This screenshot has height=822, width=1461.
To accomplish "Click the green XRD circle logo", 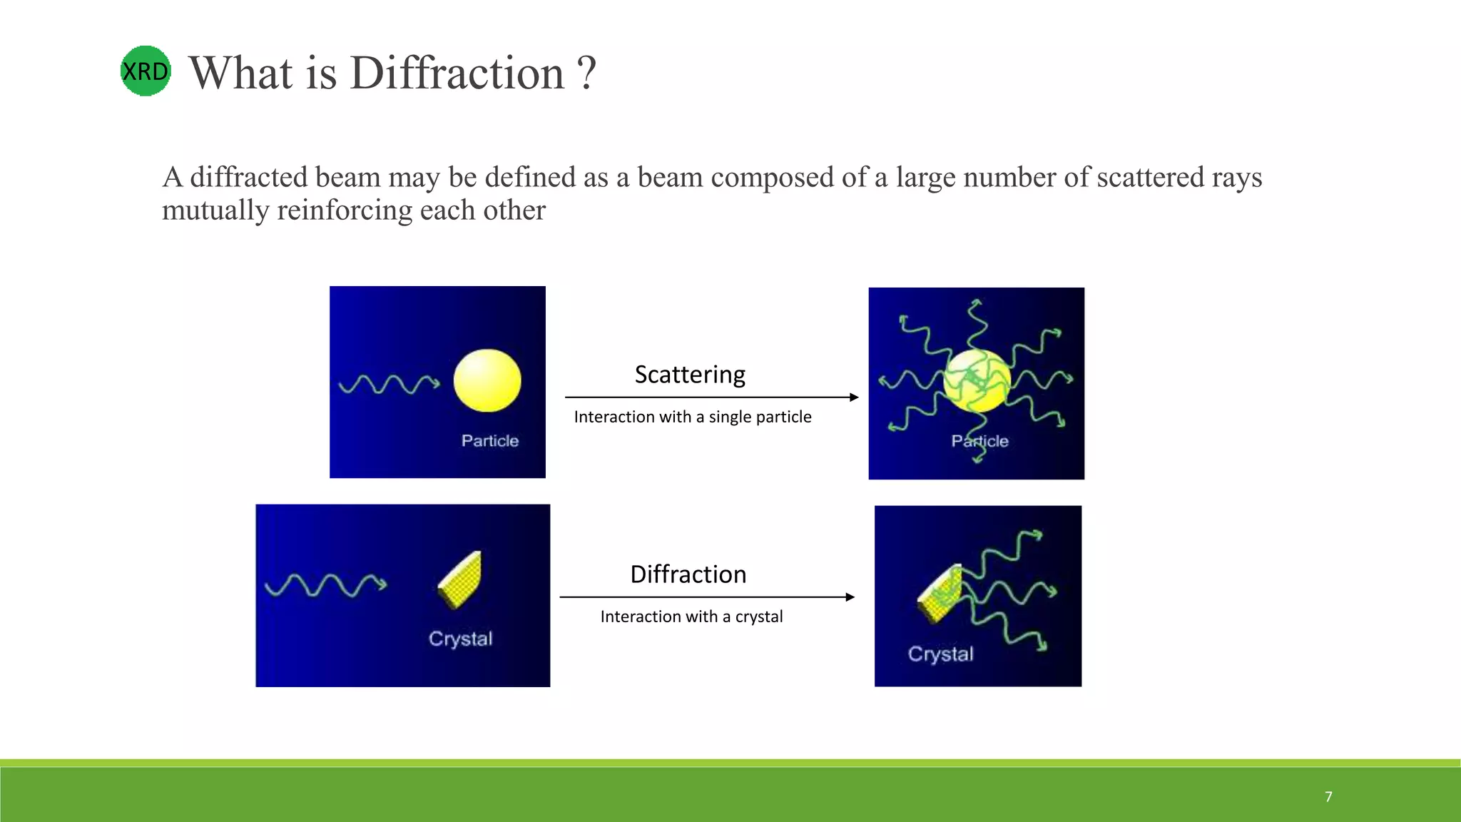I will pyautogui.click(x=146, y=71).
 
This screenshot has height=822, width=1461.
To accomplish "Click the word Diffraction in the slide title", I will pyautogui.click(x=457, y=73).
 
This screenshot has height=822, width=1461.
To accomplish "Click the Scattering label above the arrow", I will pyautogui.click(x=690, y=375).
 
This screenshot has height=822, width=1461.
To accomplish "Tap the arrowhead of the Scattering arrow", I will pyautogui.click(x=854, y=397).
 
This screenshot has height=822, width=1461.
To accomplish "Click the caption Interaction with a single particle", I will pyautogui.click(x=692, y=417).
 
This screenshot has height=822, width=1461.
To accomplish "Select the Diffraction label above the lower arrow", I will pyautogui.click(x=688, y=574).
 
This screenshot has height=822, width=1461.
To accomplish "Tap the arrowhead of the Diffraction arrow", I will pyautogui.click(x=850, y=597).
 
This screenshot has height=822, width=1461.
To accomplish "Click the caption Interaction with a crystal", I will pyautogui.click(x=691, y=616).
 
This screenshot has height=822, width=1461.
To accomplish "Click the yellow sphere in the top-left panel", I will pyautogui.click(x=487, y=380).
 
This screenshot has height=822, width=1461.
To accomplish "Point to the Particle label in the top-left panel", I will pyautogui.click(x=489, y=441).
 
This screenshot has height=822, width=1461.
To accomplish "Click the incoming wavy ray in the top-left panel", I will pyautogui.click(x=389, y=385).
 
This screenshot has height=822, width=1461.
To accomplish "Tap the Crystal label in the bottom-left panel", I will pyautogui.click(x=460, y=639).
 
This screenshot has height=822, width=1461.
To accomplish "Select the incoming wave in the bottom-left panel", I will pyautogui.click(x=325, y=585).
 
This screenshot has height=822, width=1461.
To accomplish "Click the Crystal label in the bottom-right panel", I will pyautogui.click(x=940, y=654).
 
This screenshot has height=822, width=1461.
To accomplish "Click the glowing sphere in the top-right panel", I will pyautogui.click(x=977, y=381).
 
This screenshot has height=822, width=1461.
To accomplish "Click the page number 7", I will pyautogui.click(x=1328, y=796).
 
